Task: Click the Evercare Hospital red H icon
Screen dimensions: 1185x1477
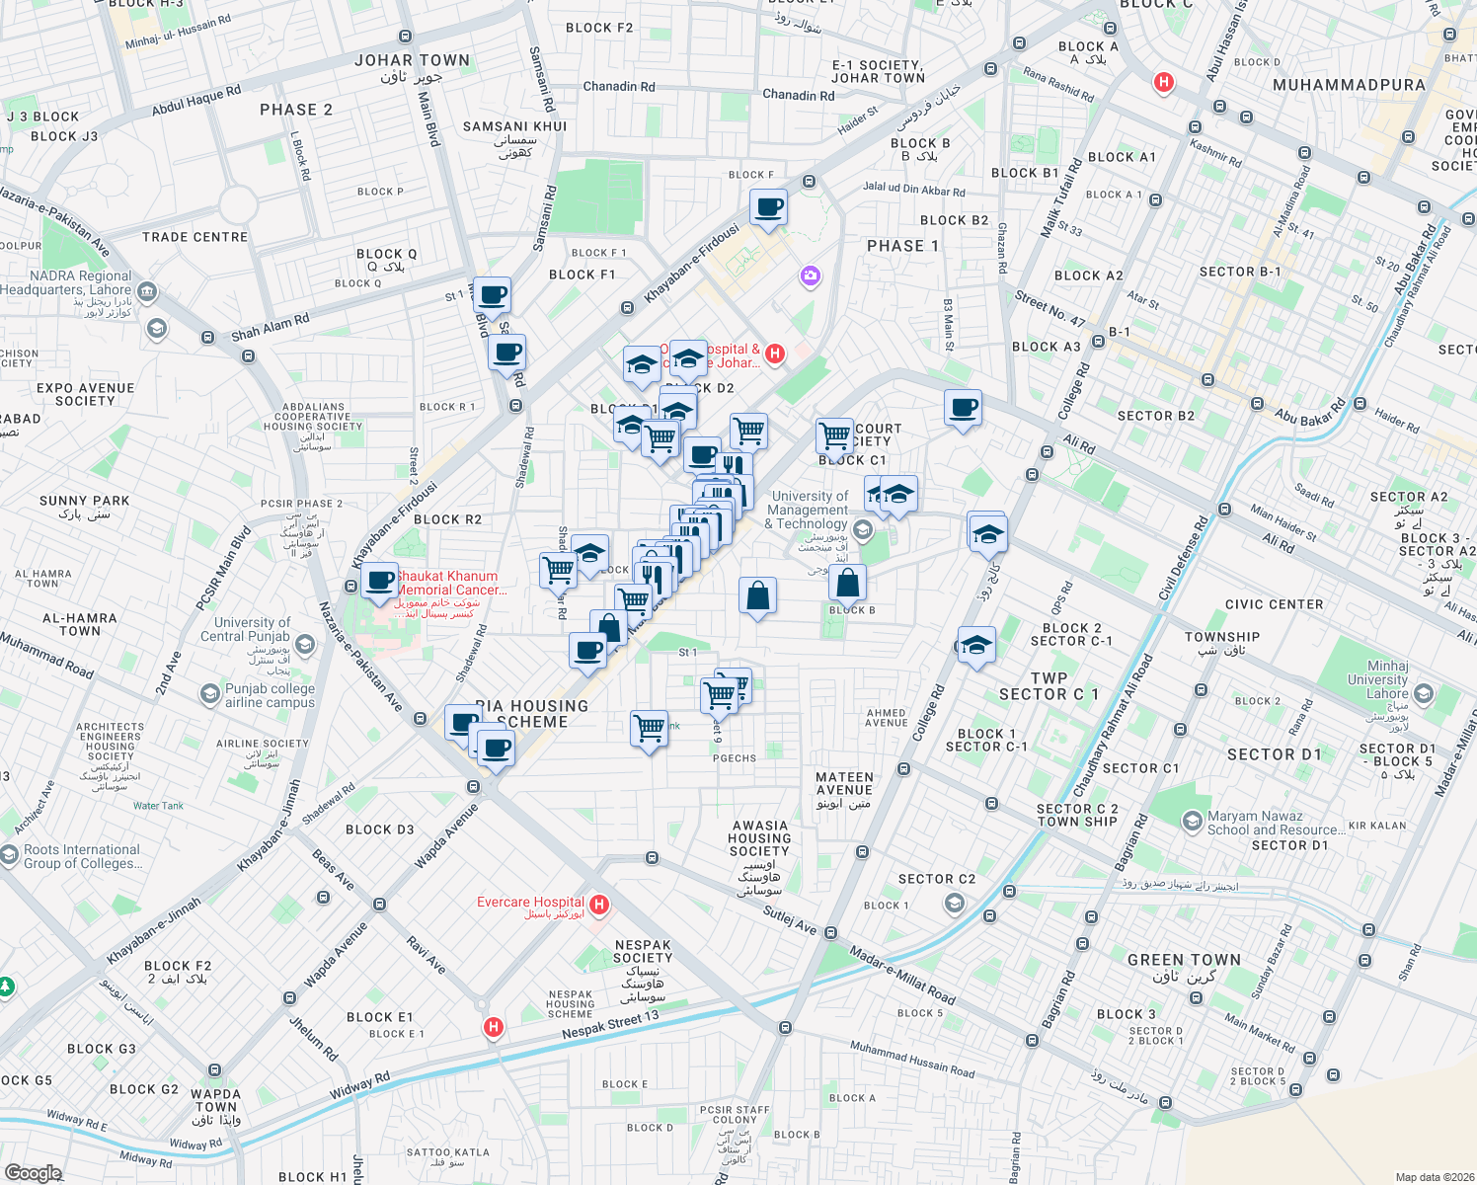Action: [598, 905]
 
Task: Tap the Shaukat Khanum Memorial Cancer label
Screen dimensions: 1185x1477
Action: [450, 583]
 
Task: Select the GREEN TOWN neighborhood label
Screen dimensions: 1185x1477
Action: [1184, 960]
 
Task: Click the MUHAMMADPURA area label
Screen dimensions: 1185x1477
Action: [1349, 86]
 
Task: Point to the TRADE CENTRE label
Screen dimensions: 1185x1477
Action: [194, 237]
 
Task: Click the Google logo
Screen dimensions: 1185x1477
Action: [33, 1172]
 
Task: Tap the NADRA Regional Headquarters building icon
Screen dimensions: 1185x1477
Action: [147, 291]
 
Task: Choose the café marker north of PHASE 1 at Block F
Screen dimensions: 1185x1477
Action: [768, 207]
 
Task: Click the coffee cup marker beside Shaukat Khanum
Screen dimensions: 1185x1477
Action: [379, 580]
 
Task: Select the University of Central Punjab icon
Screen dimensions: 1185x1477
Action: [305, 646]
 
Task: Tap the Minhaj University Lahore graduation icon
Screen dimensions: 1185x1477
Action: [1423, 694]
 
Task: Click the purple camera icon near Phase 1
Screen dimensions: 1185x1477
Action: [811, 276]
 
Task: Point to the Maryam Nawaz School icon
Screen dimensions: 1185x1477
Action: [1192, 821]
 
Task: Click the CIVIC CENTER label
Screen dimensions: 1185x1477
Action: [1274, 604]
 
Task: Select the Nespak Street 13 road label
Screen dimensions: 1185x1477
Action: [609, 1024]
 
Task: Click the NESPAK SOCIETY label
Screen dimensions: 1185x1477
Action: [642, 951]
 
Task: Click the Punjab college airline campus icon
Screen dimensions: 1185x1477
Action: [209, 694]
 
